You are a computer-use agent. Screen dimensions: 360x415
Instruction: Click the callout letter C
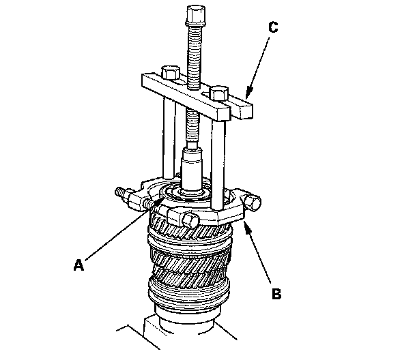pos(274,28)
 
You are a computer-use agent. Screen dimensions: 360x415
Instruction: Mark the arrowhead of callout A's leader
pos(162,199)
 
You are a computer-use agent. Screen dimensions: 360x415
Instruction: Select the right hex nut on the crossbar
pos(218,91)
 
